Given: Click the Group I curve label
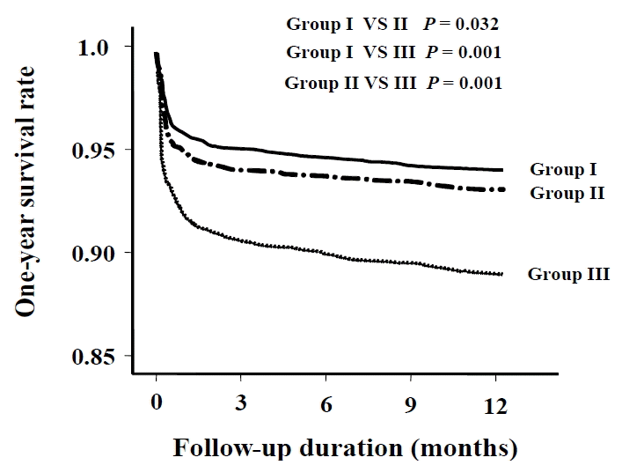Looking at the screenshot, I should tap(563, 169).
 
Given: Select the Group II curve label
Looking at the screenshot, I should tap(567, 192).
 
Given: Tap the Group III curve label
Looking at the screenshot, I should tap(568, 274).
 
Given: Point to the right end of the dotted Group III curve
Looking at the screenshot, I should tap(501, 275).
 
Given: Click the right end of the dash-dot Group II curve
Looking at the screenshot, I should tap(503, 189).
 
